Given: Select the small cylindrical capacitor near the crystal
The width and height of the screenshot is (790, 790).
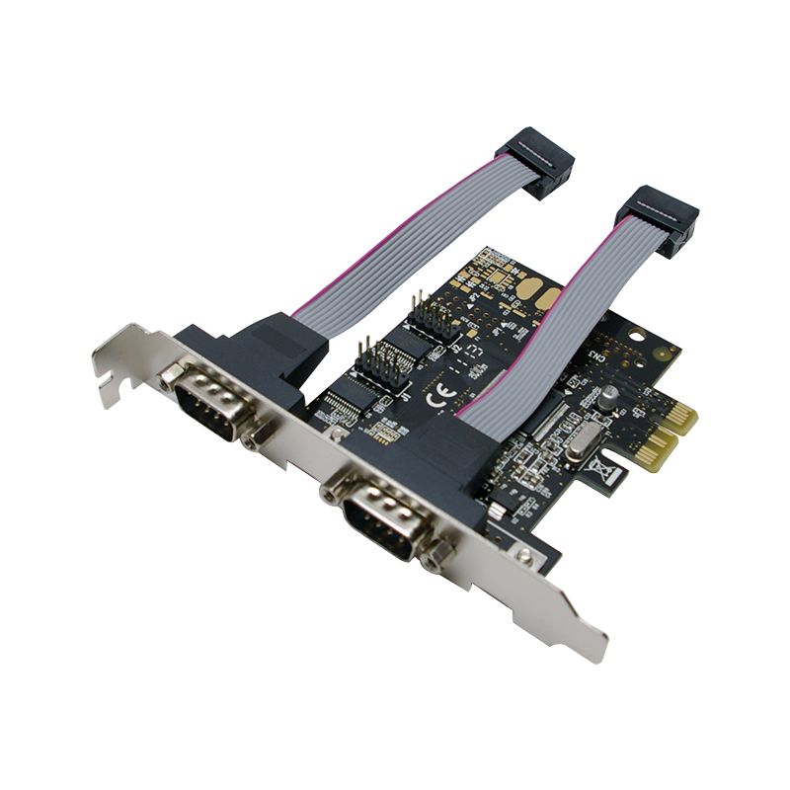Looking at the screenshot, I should click(x=610, y=394).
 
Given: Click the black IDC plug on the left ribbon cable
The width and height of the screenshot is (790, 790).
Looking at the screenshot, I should click(x=534, y=160).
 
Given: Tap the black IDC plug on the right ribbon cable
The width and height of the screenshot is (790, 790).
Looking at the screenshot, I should click(x=656, y=219).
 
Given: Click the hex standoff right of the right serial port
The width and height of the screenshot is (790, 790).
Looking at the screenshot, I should click(x=435, y=558).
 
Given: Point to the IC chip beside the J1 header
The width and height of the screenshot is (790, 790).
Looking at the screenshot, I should click(x=346, y=401).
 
